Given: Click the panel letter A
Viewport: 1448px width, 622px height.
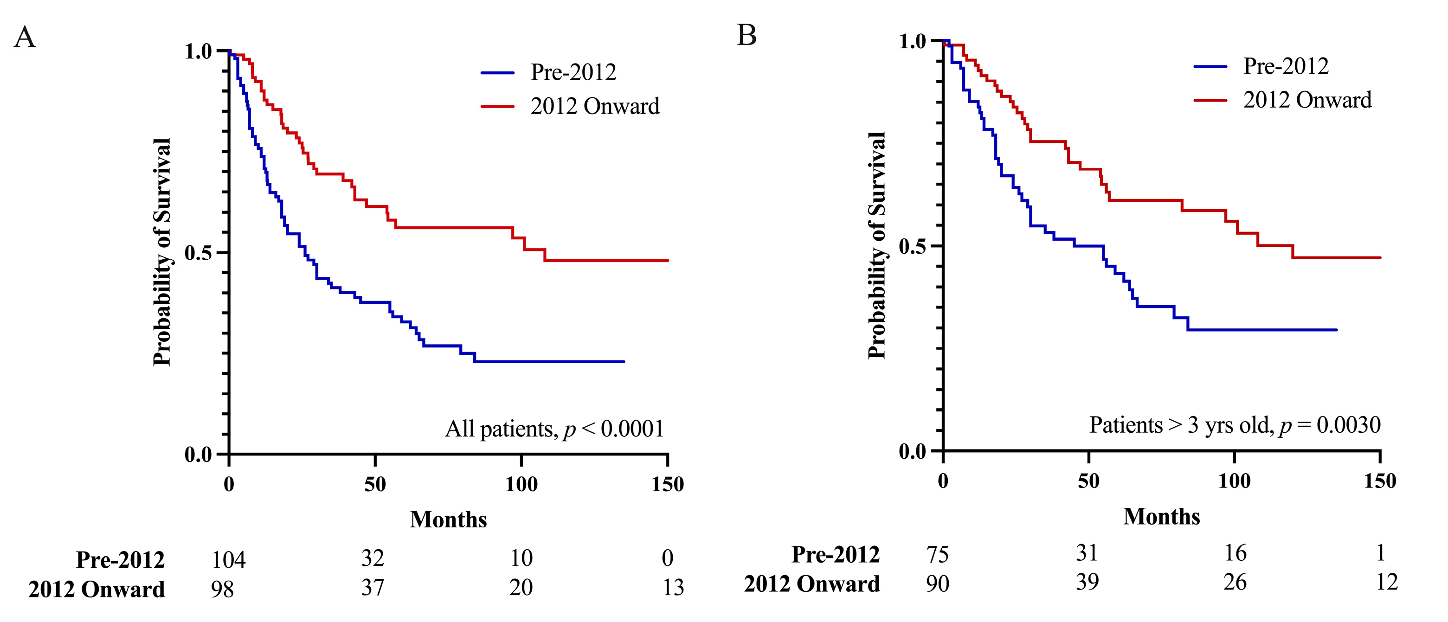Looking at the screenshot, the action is [25, 38].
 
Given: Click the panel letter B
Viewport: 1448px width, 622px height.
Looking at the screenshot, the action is [747, 35].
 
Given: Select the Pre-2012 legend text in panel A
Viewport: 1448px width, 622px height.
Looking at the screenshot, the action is [573, 72].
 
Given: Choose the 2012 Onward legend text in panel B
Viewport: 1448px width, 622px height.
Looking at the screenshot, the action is [1307, 100].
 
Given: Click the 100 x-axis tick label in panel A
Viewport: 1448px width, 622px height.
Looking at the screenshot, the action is [521, 484].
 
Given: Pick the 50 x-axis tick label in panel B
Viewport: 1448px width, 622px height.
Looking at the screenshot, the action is [1089, 481].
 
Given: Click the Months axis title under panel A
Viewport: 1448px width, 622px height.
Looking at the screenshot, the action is [448, 519].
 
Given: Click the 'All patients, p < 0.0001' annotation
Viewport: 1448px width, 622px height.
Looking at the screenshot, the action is [554, 429].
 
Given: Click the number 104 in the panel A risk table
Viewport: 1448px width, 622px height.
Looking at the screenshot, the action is [228, 560].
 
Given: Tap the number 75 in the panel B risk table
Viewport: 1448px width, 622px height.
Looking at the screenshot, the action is [938, 555].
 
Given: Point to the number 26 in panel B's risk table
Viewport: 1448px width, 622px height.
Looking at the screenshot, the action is [1235, 582].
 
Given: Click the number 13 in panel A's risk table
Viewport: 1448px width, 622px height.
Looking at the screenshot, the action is [673, 587].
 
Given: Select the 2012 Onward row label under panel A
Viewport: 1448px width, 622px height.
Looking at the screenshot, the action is [97, 590].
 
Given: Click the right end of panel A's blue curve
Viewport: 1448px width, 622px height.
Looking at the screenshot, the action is [624, 361].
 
